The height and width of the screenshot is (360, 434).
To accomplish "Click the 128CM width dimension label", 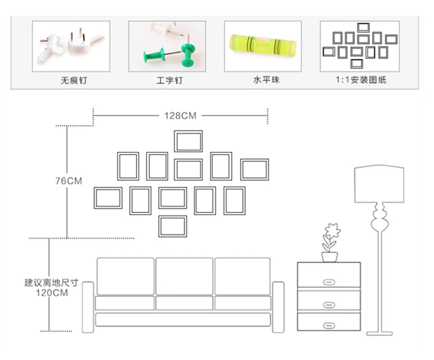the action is click(x=180, y=116).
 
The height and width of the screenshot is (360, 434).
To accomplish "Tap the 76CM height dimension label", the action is click(x=69, y=181).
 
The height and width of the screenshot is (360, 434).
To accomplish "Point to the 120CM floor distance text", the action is click(x=52, y=293).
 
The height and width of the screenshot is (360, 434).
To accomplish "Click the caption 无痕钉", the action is click(x=73, y=80).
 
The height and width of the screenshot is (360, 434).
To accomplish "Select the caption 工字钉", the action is click(x=170, y=80).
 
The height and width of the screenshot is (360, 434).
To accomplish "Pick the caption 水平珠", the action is click(x=266, y=80).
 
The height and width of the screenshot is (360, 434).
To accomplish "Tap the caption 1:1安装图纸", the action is click(x=361, y=80).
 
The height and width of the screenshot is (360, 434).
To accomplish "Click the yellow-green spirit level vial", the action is click(x=263, y=46).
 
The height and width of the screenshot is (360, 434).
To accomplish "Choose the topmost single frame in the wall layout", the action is click(x=188, y=131).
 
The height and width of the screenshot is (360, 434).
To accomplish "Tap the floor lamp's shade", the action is click(x=379, y=184).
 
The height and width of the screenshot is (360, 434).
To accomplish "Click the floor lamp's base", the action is click(x=380, y=334).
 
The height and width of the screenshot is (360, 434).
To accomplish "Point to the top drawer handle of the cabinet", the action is click(x=329, y=282).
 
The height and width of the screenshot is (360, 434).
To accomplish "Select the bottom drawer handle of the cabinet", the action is click(x=329, y=326).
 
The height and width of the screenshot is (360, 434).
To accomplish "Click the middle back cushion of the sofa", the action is click(x=185, y=276).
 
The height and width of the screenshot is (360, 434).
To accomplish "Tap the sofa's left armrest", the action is click(x=88, y=307).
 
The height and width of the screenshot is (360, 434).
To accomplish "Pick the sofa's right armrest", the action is click(x=278, y=307).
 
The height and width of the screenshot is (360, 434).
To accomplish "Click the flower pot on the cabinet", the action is click(x=329, y=257).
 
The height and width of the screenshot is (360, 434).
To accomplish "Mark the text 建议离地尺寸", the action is click(x=52, y=283).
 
